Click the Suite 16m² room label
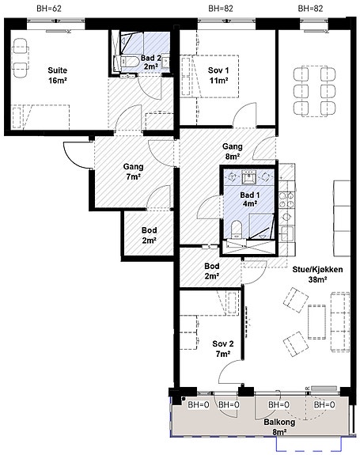58,75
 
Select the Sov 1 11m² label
218,75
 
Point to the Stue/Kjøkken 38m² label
317,275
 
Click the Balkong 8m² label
279,427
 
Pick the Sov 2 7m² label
223,349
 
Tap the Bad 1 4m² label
250,199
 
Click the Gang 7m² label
133,172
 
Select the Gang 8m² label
233,151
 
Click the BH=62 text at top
49,9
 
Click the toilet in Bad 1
237,229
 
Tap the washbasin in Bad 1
249,177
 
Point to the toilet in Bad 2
128,62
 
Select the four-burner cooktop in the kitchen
286,200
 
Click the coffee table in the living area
316,321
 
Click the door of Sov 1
244,115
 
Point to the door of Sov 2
230,371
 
